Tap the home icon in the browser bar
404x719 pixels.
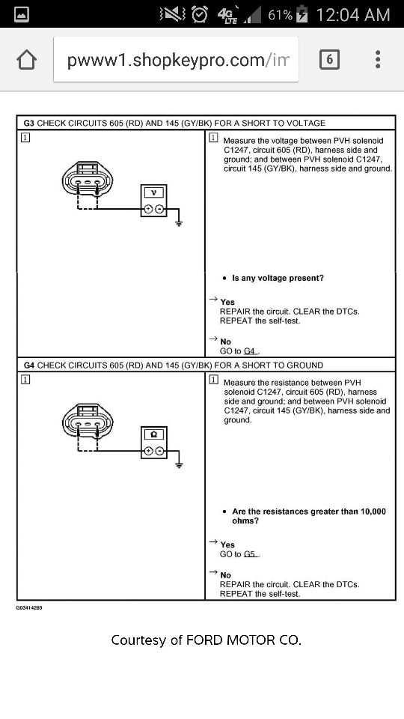[x=27, y=60]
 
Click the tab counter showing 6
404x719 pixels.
[x=329, y=60]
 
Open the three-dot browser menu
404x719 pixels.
[x=377, y=60]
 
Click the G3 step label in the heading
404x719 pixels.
[x=29, y=123]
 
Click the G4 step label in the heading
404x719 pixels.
[x=29, y=365]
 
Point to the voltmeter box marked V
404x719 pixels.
[x=154, y=201]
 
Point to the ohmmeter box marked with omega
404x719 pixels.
[x=154, y=443]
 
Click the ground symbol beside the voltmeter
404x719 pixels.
[x=179, y=223]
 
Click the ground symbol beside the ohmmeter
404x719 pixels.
[x=179, y=465]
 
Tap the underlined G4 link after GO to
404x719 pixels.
[x=250, y=351]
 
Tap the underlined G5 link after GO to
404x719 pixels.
[x=250, y=554]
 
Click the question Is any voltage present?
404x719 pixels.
[x=278, y=278]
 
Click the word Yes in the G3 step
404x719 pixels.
[x=227, y=302]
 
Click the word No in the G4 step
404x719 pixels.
[x=226, y=575]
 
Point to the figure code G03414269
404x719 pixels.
[x=29, y=608]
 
